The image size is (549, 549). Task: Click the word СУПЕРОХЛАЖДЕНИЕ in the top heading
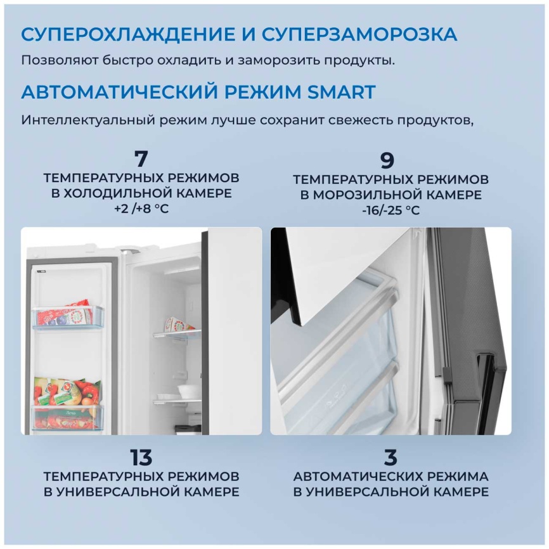coord(128,34)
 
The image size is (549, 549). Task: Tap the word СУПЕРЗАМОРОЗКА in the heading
coord(359,34)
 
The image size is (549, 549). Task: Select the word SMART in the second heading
coord(341,92)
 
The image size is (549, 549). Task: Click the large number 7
coord(141,158)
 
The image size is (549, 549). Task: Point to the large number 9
coord(387,160)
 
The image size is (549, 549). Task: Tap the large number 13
coord(141,457)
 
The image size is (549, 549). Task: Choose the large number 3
coord(391,457)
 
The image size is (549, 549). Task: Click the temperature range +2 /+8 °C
coord(141,209)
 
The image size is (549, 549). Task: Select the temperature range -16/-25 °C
coord(391,210)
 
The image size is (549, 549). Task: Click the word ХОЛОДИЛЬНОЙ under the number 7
coord(118,193)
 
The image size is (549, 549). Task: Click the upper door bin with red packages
coord(68,316)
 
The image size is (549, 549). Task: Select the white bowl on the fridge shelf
coord(189,391)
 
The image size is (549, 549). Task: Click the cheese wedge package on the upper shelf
coord(178,324)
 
